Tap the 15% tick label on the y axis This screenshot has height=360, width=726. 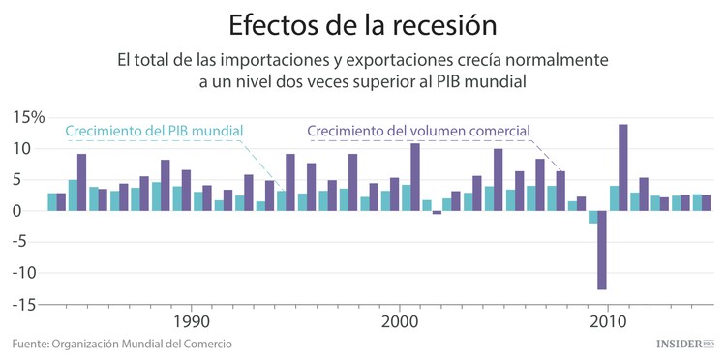coord(28,118)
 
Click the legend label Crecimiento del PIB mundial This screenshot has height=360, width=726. coord(154,131)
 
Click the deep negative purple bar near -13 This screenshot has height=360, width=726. coord(601,250)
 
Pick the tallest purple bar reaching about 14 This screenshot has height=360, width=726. coord(622,166)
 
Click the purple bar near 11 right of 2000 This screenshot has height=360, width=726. coord(414,176)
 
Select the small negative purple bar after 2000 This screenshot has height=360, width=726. coord(436,212)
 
